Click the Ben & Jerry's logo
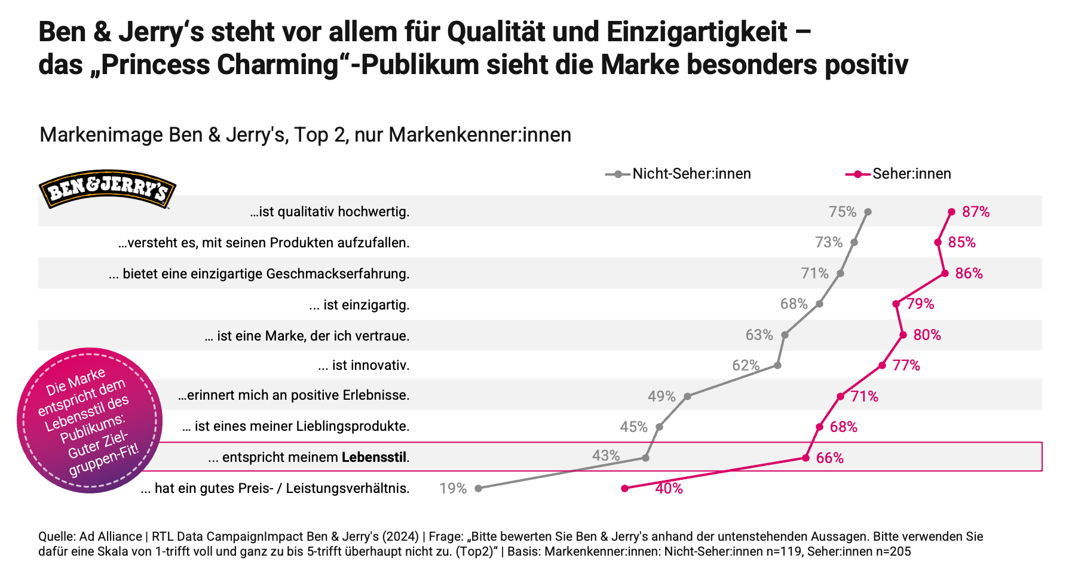[107, 189]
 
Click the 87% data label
[975, 212]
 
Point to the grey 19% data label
[453, 489]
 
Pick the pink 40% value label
[669, 489]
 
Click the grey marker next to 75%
[868, 212]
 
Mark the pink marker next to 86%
[944, 273]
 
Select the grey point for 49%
[687, 396]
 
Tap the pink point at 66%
[806, 458]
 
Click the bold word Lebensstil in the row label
[374, 458]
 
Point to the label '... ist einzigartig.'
[359, 305]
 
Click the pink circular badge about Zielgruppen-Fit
[90, 421]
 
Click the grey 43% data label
[605, 456]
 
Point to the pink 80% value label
[927, 335]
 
